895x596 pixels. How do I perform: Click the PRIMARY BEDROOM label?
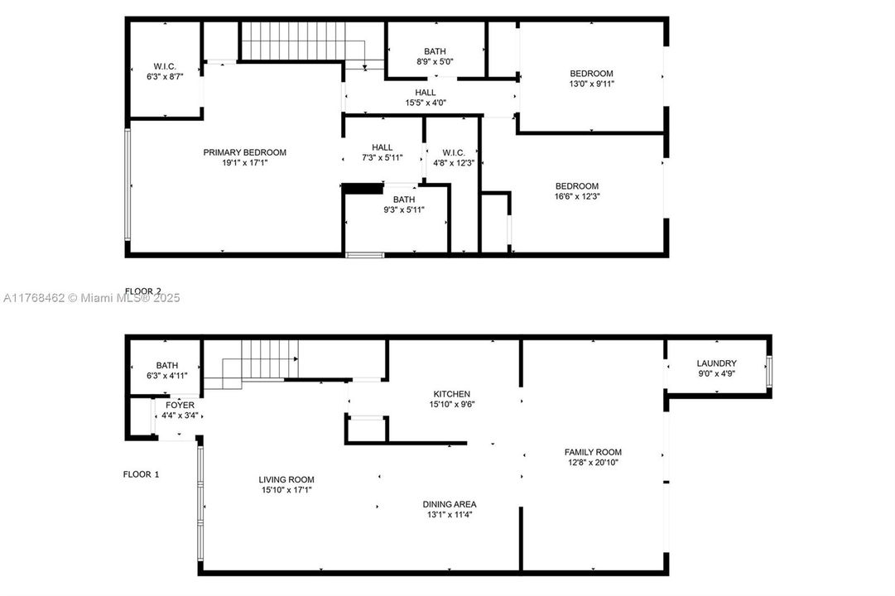tap(245, 152)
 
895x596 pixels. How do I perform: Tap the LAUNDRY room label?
tap(716, 363)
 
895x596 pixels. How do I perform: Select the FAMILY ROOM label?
tap(593, 452)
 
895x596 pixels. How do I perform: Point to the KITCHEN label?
tap(452, 394)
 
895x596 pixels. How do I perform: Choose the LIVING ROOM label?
tap(286, 479)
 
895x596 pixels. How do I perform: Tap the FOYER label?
tap(180, 406)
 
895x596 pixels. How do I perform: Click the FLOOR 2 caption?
tap(142, 291)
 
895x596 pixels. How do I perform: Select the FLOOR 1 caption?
tap(141, 474)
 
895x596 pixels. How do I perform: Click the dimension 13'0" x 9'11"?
tap(591, 84)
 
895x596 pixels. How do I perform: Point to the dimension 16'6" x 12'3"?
tap(576, 196)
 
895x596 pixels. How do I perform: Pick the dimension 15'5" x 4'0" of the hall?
tap(426, 103)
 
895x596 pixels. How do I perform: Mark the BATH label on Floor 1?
tap(167, 365)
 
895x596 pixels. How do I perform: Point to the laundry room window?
tap(768, 372)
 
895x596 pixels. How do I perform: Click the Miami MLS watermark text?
tap(90, 298)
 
